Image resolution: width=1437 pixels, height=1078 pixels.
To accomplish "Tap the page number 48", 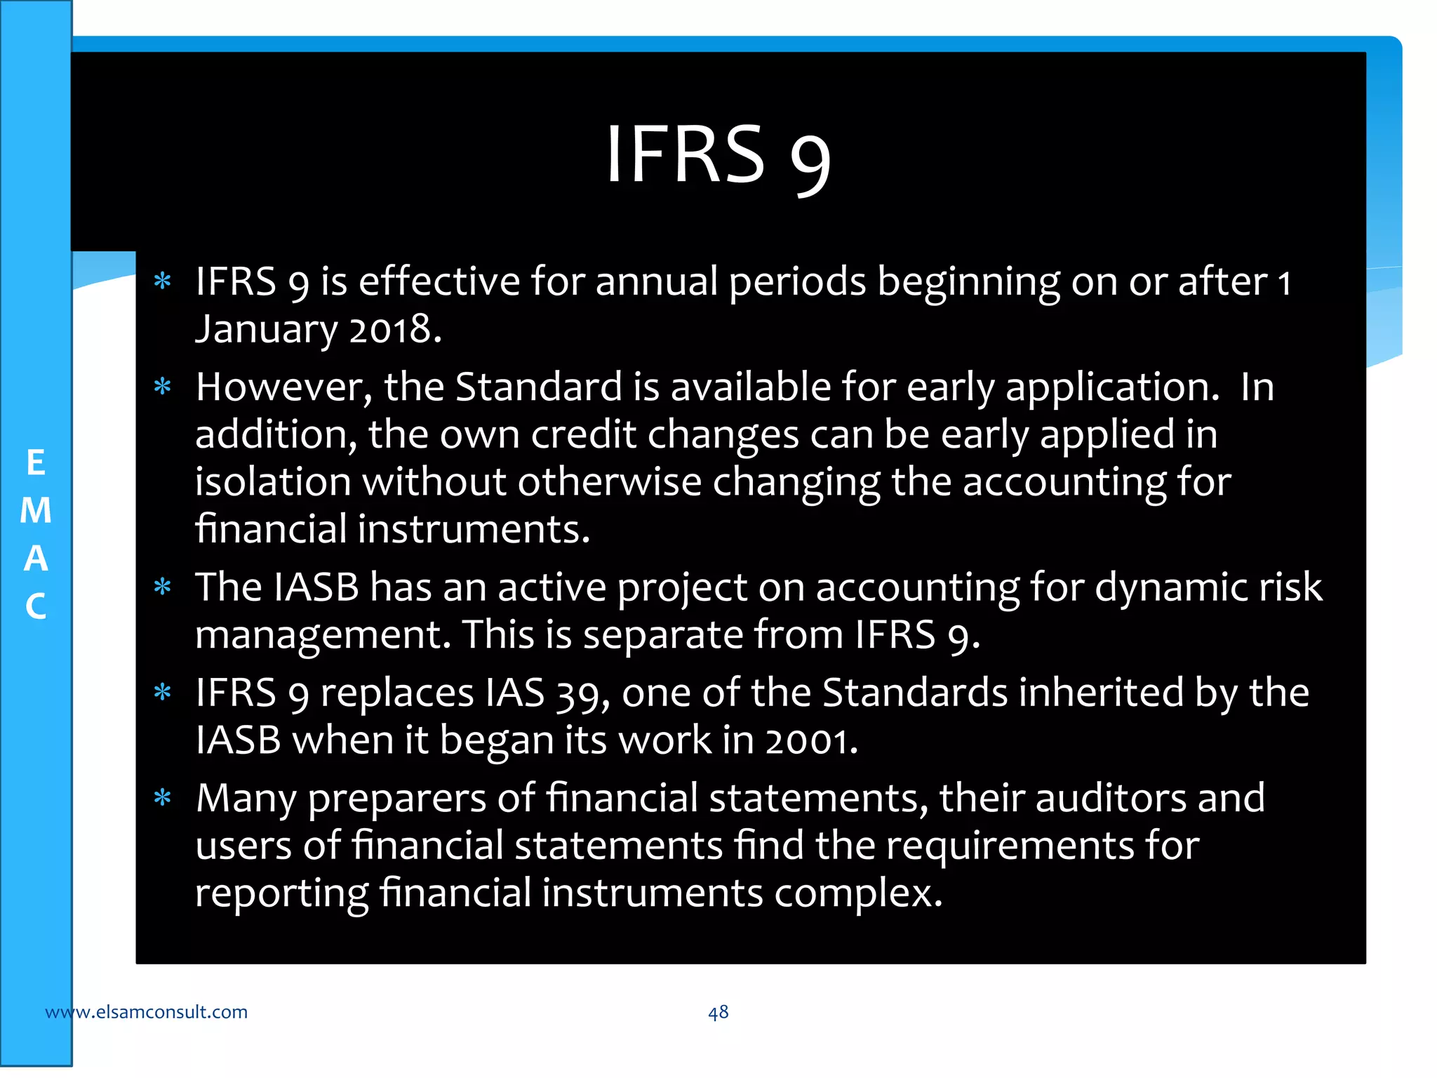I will tap(718, 1012).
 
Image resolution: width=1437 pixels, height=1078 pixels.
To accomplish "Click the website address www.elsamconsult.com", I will tap(146, 1012).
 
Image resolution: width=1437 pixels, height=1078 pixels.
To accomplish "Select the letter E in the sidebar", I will tap(36, 463).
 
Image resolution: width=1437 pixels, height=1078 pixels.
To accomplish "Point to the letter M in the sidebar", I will tap(36, 510).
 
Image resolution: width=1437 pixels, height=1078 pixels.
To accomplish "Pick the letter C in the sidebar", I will tap(36, 606).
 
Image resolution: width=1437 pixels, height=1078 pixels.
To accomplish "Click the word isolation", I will tap(273, 482).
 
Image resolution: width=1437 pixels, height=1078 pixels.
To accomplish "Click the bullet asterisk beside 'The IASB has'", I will tap(163, 586).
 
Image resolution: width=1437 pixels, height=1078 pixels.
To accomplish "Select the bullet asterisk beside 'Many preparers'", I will tap(163, 798).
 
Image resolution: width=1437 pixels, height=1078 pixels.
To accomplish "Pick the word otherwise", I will tap(610, 482).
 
